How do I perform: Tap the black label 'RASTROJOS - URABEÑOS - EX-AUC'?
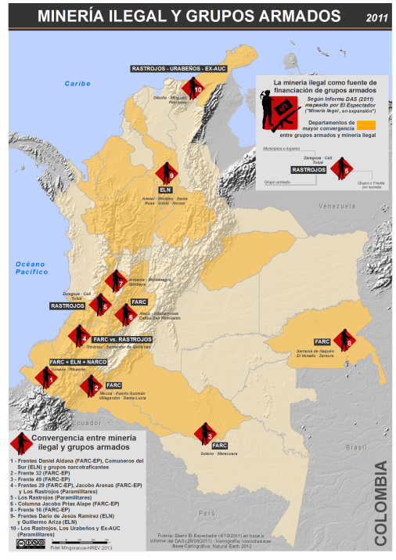pos(179,69)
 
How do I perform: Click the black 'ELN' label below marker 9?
pos(165,190)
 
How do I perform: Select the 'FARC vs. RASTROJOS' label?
pos(121,339)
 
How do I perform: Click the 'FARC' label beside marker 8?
pos(322,342)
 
